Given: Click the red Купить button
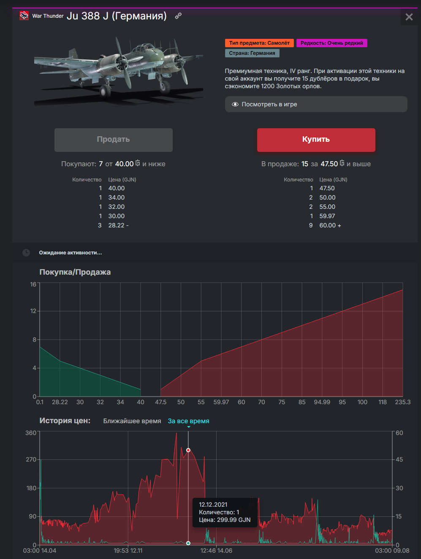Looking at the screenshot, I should (316, 140).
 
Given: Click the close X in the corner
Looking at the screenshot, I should (409, 17).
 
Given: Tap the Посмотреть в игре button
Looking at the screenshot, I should (316, 104).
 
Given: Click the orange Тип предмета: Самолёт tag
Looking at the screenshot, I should (259, 43).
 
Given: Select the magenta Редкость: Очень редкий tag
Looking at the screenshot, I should (331, 43).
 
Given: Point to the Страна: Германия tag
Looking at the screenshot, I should (252, 53).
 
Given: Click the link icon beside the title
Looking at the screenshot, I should (178, 16).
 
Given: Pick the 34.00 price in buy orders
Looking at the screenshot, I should (117, 197).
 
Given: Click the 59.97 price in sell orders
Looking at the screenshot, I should (327, 216).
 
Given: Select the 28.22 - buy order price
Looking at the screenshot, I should (118, 225).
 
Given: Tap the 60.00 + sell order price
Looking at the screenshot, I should (330, 225).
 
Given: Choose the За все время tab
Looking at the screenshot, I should (188, 421).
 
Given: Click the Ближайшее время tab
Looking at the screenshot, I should (132, 421).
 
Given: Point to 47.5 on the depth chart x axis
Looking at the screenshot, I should (161, 402).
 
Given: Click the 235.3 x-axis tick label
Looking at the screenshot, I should (402, 402).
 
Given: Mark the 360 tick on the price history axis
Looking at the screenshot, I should (31, 433).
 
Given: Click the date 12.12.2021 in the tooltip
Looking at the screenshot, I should (213, 505).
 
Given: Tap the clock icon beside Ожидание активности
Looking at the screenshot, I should (26, 253).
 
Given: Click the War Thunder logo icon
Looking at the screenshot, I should (24, 16).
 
